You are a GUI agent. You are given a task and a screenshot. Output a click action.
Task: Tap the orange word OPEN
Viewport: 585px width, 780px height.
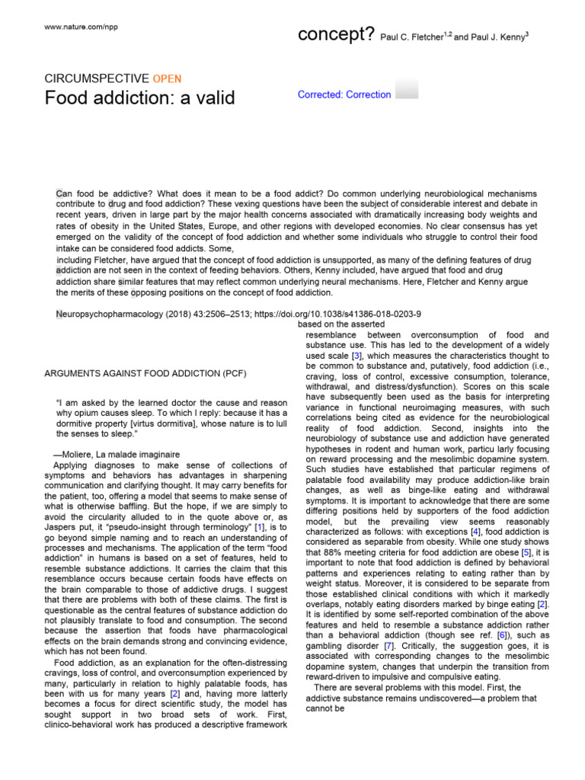tap(167, 78)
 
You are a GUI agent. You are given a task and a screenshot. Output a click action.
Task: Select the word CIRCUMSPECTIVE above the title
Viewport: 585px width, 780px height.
tap(97, 78)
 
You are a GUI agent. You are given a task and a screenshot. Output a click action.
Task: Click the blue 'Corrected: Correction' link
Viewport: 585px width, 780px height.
tap(344, 95)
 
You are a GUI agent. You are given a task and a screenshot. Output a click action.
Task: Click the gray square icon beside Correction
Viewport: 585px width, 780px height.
tap(408, 88)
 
